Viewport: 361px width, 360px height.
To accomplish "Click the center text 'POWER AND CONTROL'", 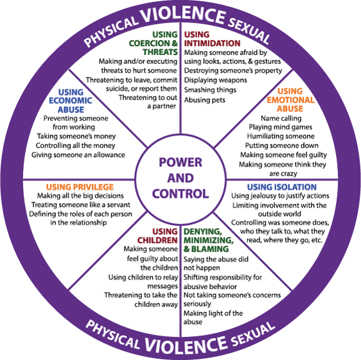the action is tap(180, 178).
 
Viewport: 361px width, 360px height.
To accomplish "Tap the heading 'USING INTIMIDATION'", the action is tap(212, 39).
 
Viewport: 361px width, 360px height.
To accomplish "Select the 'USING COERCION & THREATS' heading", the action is tap(153, 43).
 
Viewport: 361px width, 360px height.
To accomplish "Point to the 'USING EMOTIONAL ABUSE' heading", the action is tap(290, 100).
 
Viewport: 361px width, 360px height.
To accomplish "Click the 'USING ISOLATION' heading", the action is tap(282, 187).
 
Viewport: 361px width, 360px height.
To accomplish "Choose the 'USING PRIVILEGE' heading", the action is tap(79, 187).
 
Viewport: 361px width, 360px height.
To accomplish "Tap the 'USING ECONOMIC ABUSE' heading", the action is tap(71, 101).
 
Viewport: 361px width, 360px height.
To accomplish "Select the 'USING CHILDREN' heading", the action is tap(158, 236).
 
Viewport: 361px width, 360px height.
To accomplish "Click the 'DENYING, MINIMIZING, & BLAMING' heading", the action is tap(208, 240).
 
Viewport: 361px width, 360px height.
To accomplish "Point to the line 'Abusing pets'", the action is tap(205, 100).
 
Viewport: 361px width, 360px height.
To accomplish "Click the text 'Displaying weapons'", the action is tap(215, 80).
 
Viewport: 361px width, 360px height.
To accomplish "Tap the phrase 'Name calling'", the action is tap(281, 118).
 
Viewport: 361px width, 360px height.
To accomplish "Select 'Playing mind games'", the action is tap(280, 127).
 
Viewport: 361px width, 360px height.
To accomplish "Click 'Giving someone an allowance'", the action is tap(78, 155).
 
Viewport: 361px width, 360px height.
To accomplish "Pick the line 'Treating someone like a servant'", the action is tap(81, 205).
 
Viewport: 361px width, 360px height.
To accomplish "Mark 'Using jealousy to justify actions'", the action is tap(280, 196).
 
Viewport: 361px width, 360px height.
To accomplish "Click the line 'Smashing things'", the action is tap(210, 90).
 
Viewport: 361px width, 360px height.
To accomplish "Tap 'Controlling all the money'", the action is tap(76, 146).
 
